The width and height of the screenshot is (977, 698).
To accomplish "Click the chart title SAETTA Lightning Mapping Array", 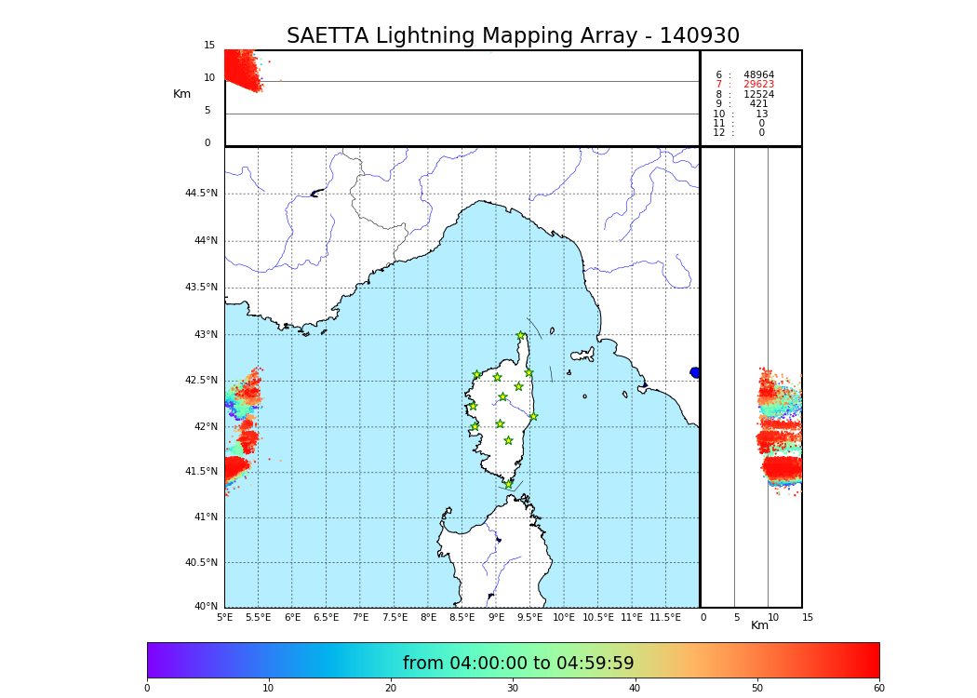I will click(513, 36).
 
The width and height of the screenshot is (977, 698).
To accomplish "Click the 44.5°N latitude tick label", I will click(201, 194).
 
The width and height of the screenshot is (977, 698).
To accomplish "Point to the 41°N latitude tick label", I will click(204, 517).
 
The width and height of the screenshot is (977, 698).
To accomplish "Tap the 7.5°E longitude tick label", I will click(395, 617).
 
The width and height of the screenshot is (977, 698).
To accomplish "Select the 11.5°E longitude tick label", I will click(665, 617).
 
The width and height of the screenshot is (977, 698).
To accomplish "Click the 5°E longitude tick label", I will click(225, 617).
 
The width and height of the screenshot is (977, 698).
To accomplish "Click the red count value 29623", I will click(758, 85).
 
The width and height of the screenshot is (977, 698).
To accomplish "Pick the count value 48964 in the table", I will click(758, 75).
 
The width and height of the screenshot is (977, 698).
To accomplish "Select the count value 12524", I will click(758, 95).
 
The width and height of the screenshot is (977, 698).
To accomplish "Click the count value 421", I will click(759, 104).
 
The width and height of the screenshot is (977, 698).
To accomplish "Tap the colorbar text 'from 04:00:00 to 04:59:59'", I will click(518, 664).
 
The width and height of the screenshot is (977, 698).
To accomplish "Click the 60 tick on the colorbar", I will click(878, 689).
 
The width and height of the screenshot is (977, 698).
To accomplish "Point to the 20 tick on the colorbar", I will click(391, 689).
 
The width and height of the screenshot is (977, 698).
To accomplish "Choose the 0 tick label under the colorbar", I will click(147, 689).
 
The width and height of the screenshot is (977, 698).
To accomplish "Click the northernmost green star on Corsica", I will click(521, 336).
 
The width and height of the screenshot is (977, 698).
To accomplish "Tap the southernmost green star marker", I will click(508, 484).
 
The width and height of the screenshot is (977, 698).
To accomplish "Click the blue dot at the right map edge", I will click(695, 372).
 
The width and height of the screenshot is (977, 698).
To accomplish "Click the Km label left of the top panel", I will click(181, 94).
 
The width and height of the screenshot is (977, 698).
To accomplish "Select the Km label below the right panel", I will click(760, 625).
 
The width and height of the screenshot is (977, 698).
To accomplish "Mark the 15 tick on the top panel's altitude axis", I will click(209, 46).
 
